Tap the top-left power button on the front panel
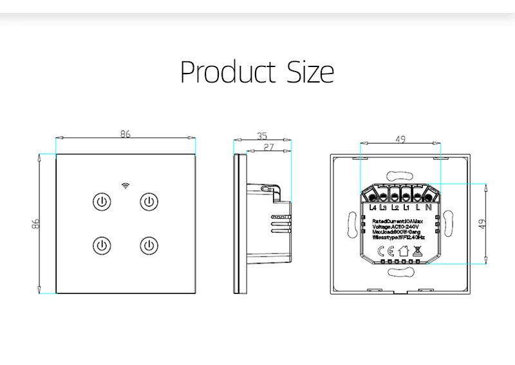(100, 202)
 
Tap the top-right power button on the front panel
(149, 202)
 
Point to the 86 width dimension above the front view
(126, 134)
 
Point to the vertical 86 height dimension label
(36, 224)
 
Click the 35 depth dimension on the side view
(262, 135)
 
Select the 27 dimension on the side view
(270, 148)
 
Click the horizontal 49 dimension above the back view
(400, 139)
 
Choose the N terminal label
(427, 208)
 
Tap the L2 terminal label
(395, 208)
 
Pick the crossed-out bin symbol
(417, 251)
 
